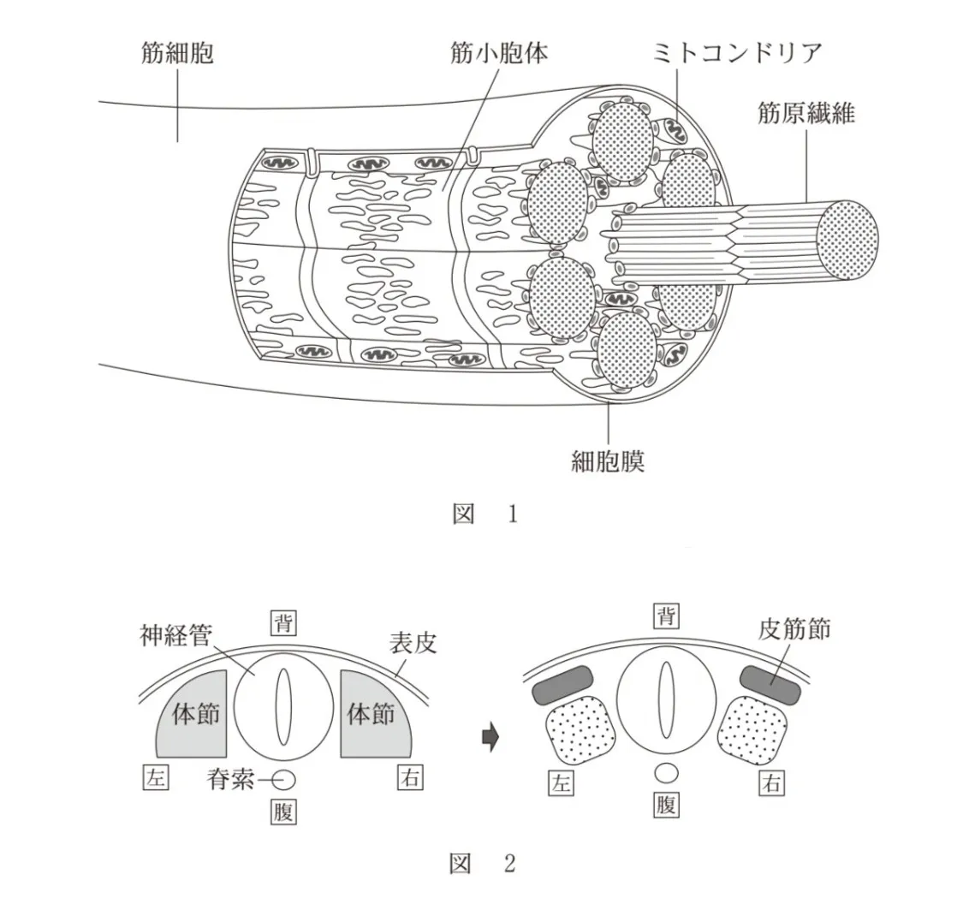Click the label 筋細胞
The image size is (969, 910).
(x=176, y=54)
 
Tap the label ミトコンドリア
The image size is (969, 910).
(x=737, y=53)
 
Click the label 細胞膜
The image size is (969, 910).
(x=607, y=462)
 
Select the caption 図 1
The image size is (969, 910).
(x=484, y=514)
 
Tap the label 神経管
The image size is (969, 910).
(x=175, y=636)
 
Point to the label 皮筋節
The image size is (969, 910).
(x=794, y=631)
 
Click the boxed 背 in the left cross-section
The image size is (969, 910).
(x=283, y=622)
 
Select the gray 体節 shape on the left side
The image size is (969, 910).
(x=191, y=715)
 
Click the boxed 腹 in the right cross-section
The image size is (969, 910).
(x=665, y=806)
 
